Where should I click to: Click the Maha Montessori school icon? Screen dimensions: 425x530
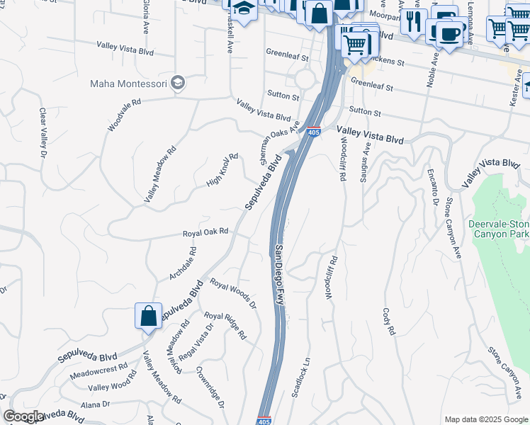click(177, 83)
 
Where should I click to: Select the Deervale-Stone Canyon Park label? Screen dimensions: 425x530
click(499, 229)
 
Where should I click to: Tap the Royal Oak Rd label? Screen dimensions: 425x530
click(205, 232)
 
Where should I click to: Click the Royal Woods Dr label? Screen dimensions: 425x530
click(232, 293)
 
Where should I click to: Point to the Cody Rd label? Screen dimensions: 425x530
click(388, 321)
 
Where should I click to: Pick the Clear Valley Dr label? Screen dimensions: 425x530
click(43, 133)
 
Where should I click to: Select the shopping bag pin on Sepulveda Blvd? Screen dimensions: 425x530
click(148, 316)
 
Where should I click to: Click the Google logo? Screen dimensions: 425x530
click(23, 416)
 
